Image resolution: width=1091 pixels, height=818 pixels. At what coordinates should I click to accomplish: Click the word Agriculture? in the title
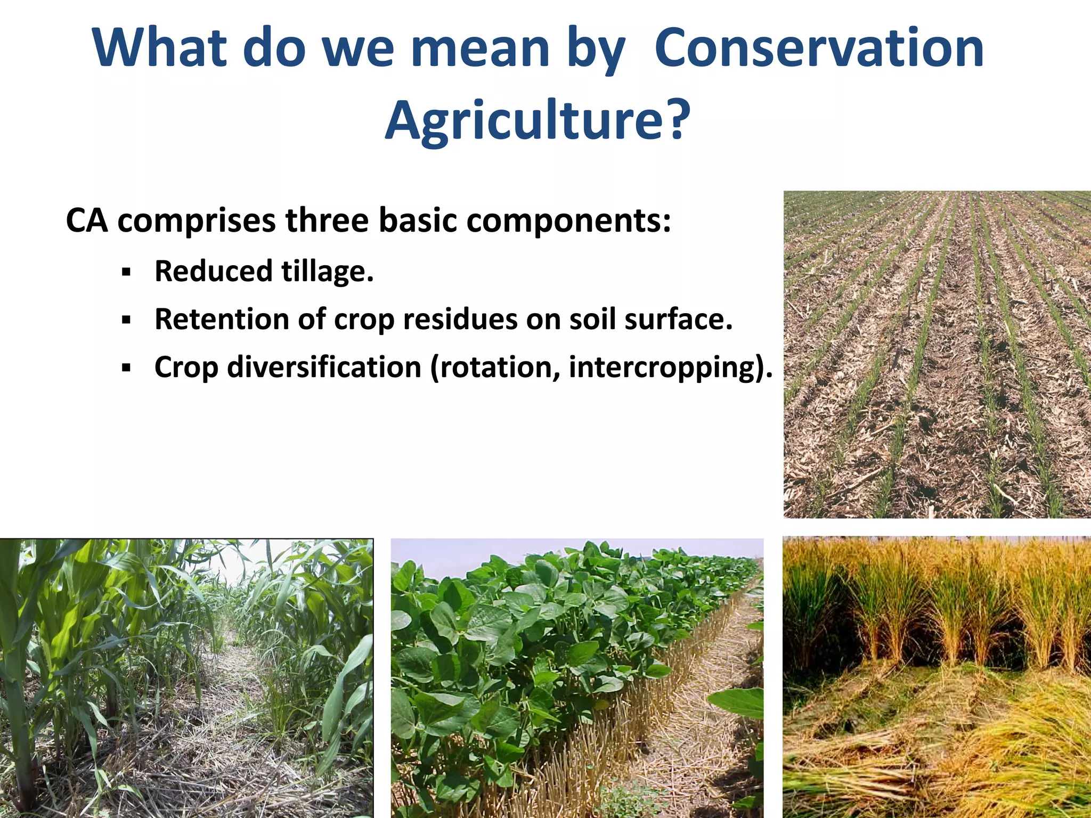[538, 120]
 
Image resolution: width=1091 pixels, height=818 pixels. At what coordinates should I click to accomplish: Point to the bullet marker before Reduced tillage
[126, 273]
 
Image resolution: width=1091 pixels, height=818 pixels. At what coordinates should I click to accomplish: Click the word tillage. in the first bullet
[327, 272]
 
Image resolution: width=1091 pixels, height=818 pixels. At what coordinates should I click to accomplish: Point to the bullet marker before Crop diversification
[126, 367]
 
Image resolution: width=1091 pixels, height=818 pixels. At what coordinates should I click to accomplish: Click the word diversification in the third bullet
[324, 367]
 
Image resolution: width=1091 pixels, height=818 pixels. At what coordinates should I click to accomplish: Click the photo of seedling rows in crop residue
[937, 354]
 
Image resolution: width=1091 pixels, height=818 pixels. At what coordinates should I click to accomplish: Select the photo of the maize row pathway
[186, 677]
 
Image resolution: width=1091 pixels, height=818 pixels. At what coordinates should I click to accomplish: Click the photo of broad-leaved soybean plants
[577, 677]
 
